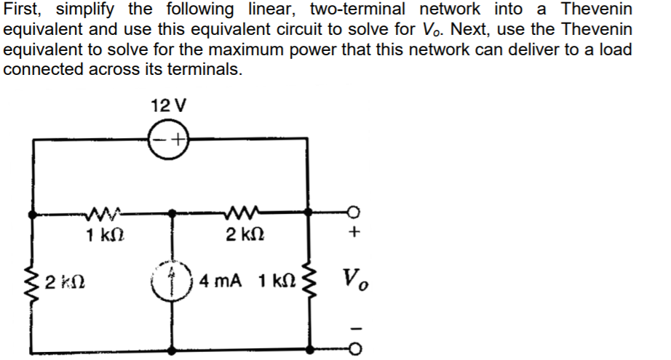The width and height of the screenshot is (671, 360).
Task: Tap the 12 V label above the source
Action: pos(167,105)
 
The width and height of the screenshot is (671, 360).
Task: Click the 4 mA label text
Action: pos(224,280)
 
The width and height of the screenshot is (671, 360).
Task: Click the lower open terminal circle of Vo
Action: pos(355,348)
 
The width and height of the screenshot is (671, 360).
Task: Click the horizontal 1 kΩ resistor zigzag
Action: pos(102,214)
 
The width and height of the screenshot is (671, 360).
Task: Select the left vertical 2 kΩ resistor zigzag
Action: pos(34,281)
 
